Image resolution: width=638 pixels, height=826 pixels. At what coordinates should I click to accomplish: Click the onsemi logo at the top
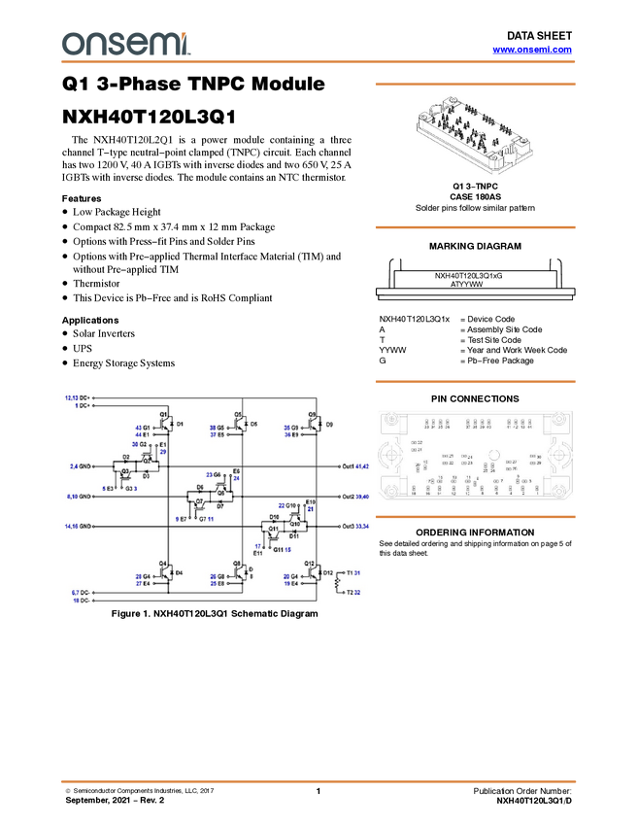125,43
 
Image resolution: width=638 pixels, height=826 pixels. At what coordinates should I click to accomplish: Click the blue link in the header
532,49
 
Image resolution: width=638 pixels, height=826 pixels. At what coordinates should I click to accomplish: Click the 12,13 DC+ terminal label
78,397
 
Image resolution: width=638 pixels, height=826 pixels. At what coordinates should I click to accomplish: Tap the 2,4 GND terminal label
81,467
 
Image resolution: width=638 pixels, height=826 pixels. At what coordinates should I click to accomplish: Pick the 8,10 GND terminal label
79,497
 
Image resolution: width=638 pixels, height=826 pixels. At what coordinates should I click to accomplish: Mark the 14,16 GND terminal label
79,527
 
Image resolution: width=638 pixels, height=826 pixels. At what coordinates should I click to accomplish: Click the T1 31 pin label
353,573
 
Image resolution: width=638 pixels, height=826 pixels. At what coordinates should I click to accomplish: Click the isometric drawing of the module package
474,135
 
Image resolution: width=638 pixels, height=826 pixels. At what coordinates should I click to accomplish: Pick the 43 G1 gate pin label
143,428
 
